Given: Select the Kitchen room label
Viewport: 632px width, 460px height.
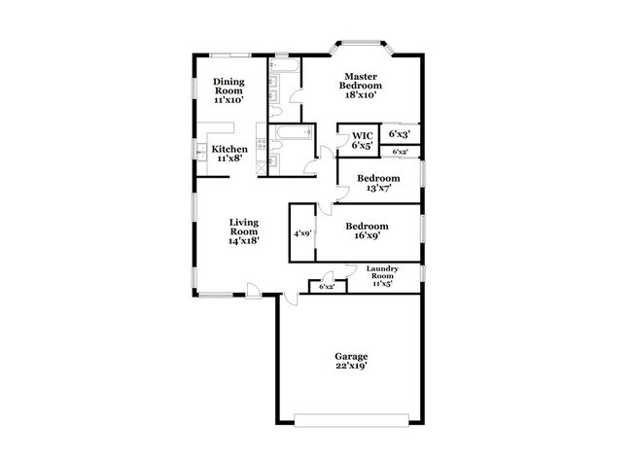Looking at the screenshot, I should pyautogui.click(x=229, y=149).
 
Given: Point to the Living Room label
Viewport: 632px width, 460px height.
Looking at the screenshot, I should pyautogui.click(x=244, y=227).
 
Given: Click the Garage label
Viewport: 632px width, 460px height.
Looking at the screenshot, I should pyautogui.click(x=352, y=356).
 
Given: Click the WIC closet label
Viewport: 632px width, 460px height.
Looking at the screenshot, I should pyautogui.click(x=363, y=136).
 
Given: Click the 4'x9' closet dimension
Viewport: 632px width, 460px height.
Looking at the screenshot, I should pyautogui.click(x=302, y=233).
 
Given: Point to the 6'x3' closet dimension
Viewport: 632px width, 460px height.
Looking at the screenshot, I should pyautogui.click(x=399, y=133).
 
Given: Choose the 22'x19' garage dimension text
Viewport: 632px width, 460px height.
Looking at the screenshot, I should pyautogui.click(x=352, y=367).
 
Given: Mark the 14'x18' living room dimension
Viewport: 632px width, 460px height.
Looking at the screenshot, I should pyautogui.click(x=244, y=241).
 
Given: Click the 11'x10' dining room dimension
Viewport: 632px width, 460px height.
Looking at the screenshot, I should pyautogui.click(x=228, y=99).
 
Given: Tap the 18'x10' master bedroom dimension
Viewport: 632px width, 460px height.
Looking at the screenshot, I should pyautogui.click(x=358, y=94).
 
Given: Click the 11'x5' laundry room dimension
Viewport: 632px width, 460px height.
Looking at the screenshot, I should pyautogui.click(x=383, y=285).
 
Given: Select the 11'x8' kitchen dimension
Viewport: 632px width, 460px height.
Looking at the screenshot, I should pyautogui.click(x=229, y=159).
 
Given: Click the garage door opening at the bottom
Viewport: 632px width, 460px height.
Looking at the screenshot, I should pyautogui.click(x=352, y=420).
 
